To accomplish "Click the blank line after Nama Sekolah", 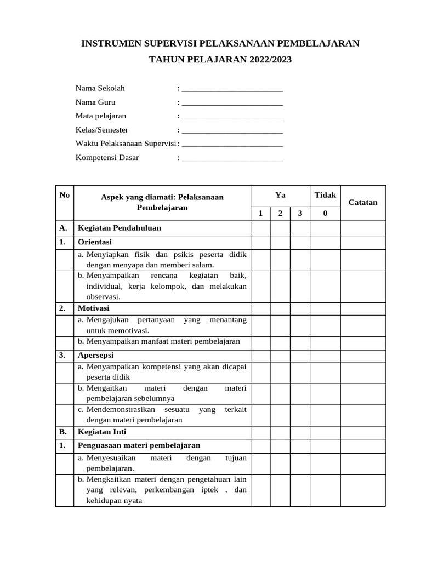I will pyautogui.click(x=232, y=89).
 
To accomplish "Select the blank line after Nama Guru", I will pyautogui.click(x=232, y=103).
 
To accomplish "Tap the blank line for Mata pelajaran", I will pyautogui.click(x=232, y=117).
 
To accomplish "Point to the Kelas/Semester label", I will pyautogui.click(x=102, y=130).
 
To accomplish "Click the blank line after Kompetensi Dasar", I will pyautogui.click(x=232, y=158).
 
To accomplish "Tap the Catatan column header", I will pyautogui.click(x=363, y=202).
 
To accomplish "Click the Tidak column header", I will pyautogui.click(x=325, y=196).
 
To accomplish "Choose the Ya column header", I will pyautogui.click(x=280, y=196).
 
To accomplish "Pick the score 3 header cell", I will pyautogui.click(x=300, y=214).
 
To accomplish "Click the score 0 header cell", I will pyautogui.click(x=325, y=214).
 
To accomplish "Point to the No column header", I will pyautogui.click(x=65, y=196).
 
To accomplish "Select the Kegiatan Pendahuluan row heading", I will pyautogui.click(x=120, y=228).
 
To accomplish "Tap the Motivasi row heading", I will pyautogui.click(x=94, y=308).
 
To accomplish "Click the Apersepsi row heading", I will pyautogui.click(x=96, y=355).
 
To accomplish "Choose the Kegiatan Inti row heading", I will pyautogui.click(x=103, y=432).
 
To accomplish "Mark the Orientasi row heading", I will pyautogui.click(x=95, y=242).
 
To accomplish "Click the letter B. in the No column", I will pyautogui.click(x=62, y=432).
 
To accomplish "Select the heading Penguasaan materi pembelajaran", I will pyautogui.click(x=139, y=445).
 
